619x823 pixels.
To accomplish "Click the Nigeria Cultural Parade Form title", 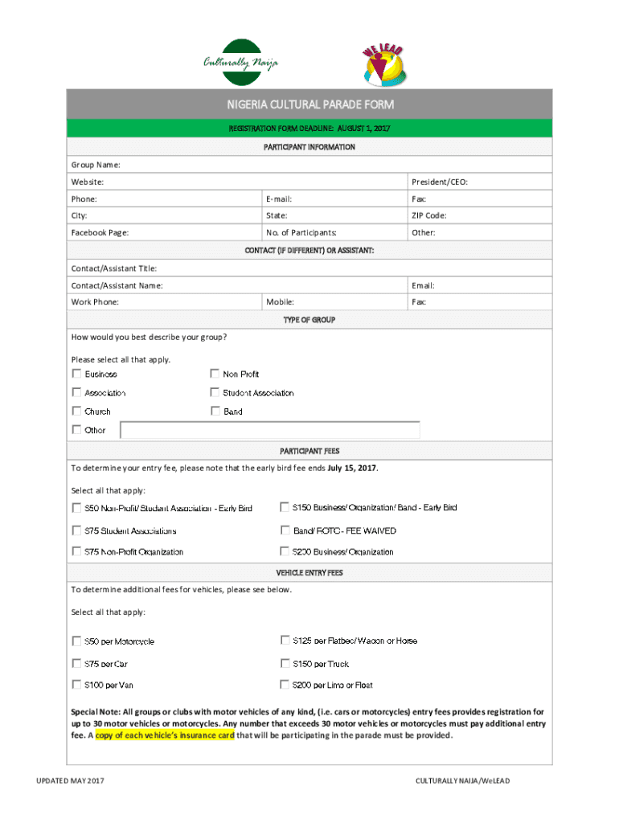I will pyautogui.click(x=309, y=104).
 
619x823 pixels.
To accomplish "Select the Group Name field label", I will pyautogui.click(x=96, y=165).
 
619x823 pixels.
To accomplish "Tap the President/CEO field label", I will pyautogui.click(x=439, y=182).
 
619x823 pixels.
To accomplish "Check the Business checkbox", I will pyautogui.click(x=76, y=374).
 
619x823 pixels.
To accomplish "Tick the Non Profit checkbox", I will pyautogui.click(x=215, y=374).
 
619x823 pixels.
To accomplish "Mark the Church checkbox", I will pyautogui.click(x=76, y=411).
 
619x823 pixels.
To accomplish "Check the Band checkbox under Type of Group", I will pyautogui.click(x=215, y=411).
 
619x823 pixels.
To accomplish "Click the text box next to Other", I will pyautogui.click(x=270, y=430).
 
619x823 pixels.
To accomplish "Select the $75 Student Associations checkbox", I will pyautogui.click(x=76, y=530).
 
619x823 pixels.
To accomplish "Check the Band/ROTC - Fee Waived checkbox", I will pyautogui.click(x=285, y=530).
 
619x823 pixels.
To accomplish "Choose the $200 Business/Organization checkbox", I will pyautogui.click(x=285, y=551).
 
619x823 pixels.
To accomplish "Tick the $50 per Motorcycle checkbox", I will pyautogui.click(x=76, y=641).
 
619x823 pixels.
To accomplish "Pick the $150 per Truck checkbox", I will pyautogui.click(x=285, y=664).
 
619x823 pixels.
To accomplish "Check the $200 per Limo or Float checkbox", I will pyautogui.click(x=285, y=685).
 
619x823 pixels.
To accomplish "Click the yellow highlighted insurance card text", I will pyautogui.click(x=165, y=735).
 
